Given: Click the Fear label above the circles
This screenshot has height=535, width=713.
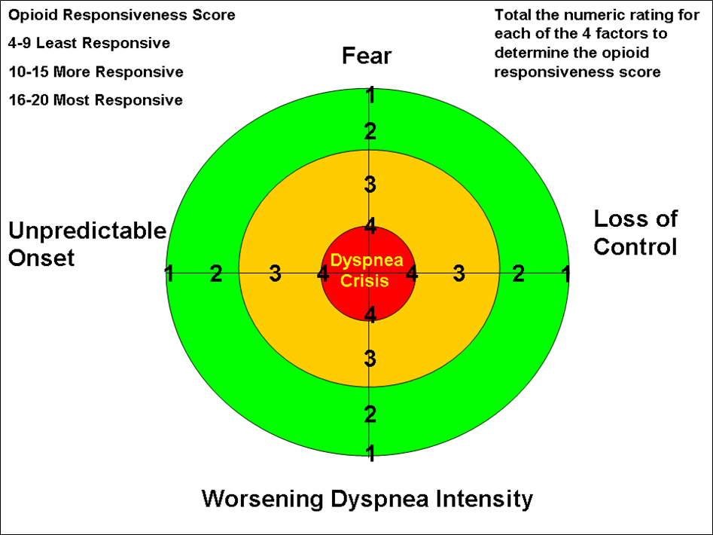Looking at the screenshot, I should tap(367, 57).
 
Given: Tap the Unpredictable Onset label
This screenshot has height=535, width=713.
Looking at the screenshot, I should tap(87, 244).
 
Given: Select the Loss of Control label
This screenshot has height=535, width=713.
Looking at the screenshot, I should tap(635, 233).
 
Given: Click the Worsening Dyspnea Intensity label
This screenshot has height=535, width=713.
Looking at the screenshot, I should tap(367, 499).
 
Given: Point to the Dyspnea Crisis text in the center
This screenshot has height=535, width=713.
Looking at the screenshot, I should tap(368, 271).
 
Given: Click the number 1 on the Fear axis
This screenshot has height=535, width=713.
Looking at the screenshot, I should tap(370, 96).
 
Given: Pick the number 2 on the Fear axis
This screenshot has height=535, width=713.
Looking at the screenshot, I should tap(370, 133).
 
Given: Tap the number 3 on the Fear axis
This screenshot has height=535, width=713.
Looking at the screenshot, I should tap(370, 184).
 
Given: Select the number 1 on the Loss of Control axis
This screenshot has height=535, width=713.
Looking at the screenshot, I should tap(565, 274).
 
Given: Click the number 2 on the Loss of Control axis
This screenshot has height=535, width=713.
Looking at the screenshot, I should tap(519, 274).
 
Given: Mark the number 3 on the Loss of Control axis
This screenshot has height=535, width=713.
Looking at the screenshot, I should tap(459, 274).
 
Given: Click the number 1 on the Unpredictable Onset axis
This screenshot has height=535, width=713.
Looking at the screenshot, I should tap(170, 274).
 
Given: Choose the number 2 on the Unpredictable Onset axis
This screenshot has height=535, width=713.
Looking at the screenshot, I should tap(216, 274).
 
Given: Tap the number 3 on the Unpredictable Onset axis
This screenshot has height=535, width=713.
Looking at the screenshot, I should tap(276, 274).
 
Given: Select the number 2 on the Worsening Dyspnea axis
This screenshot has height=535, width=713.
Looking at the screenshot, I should tap(370, 414).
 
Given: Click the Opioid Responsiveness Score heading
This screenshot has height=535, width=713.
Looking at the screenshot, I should tap(122, 15).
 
